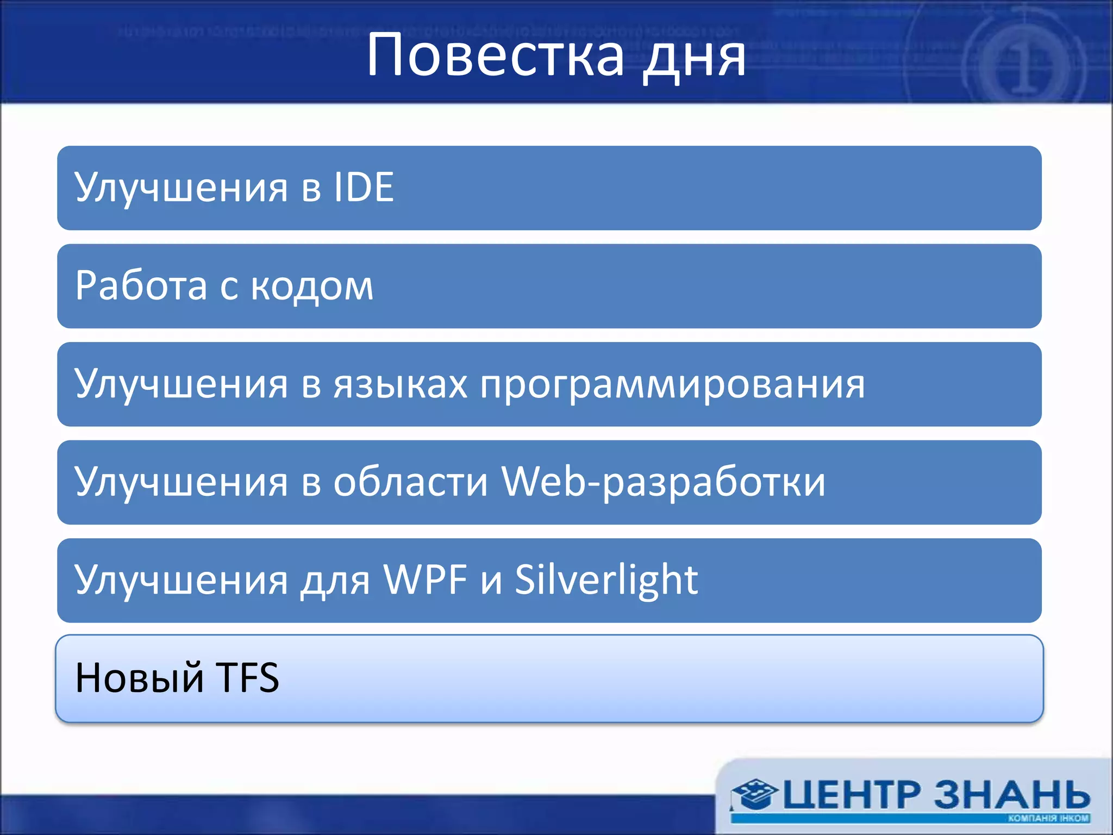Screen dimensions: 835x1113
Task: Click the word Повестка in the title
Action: pyautogui.click(x=495, y=55)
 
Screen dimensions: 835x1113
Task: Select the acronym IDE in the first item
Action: pyautogui.click(x=364, y=188)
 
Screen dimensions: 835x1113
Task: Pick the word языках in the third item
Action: pyautogui.click(x=401, y=384)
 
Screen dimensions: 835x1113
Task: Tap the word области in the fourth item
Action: pyautogui.click(x=411, y=482)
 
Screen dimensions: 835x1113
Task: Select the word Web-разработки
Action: pyautogui.click(x=663, y=482)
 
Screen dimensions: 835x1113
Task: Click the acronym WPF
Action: pyautogui.click(x=426, y=580)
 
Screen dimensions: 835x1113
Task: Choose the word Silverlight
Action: pyautogui.click(x=606, y=580)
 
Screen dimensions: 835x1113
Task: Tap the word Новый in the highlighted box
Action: pyautogui.click(x=139, y=678)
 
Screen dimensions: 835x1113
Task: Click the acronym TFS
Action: pyautogui.click(x=248, y=678)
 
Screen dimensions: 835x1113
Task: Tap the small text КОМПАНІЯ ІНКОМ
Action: pyautogui.click(x=1048, y=818)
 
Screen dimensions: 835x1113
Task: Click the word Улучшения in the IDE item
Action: pyautogui.click(x=182, y=188)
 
